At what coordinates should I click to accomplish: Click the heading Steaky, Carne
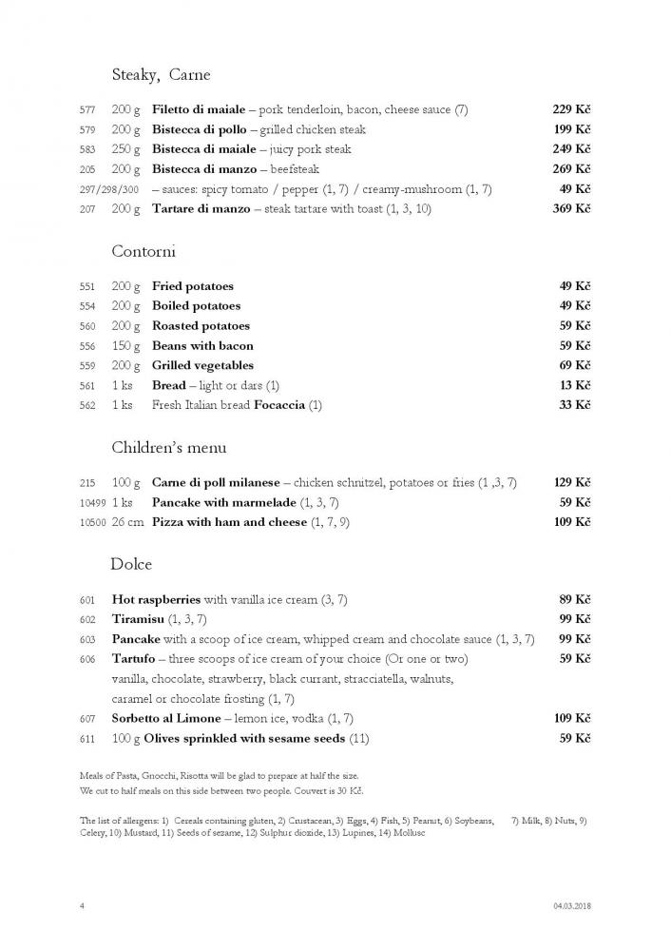[161, 74]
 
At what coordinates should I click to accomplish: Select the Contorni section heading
[144, 252]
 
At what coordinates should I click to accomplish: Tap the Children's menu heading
[169, 447]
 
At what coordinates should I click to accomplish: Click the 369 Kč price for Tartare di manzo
[571, 208]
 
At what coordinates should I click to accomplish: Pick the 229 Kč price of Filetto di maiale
[571, 109]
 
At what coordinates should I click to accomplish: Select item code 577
[87, 110]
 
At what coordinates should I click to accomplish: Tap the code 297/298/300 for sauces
[108, 189]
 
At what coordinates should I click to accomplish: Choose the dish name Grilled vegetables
[202, 365]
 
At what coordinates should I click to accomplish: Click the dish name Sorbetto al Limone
[166, 718]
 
